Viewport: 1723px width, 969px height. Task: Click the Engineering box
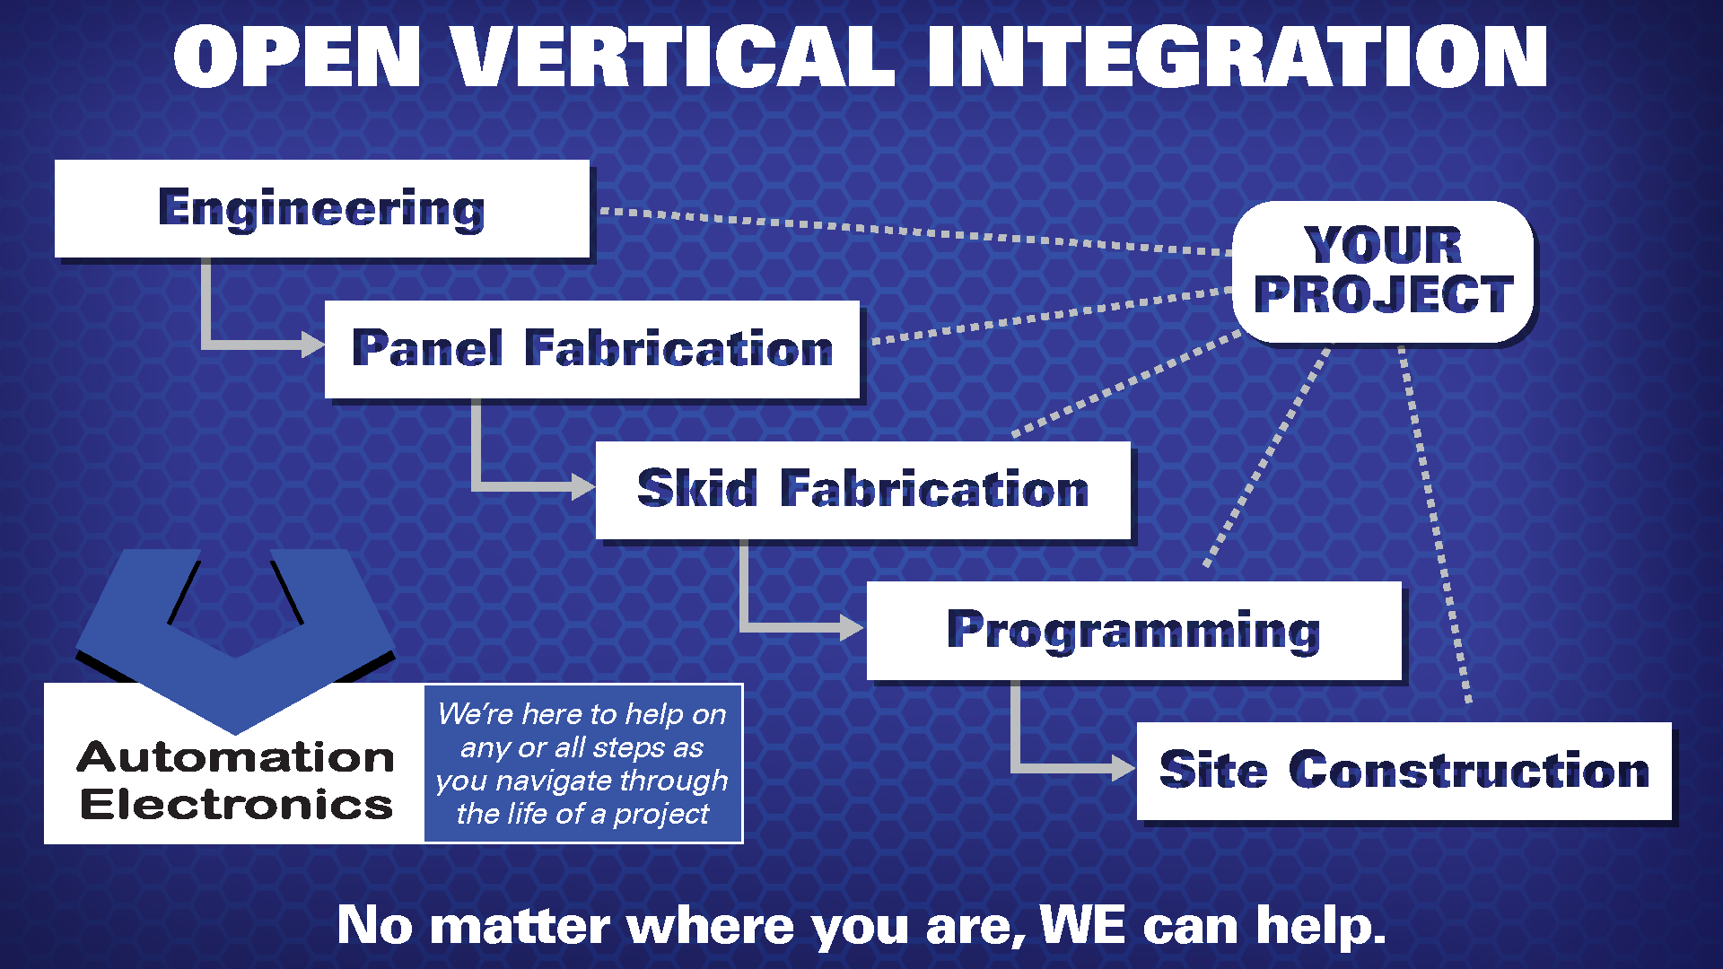pos(322,208)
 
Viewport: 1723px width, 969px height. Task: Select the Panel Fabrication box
pos(592,349)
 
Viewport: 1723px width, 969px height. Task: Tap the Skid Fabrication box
pos(863,490)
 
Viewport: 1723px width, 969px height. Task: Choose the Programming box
pos(1134,631)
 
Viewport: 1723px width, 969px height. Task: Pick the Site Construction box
pos(1404,771)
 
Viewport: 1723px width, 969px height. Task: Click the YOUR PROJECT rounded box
pos(1383,271)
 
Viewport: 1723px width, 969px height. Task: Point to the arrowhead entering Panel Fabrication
pos(313,345)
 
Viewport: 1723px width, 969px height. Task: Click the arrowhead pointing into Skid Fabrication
pos(584,487)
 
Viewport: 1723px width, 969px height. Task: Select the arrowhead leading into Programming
pos(853,627)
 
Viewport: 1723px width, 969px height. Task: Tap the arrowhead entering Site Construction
pos(1124,768)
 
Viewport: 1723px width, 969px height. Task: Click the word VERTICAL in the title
pos(673,57)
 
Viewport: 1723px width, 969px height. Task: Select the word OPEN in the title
pos(297,57)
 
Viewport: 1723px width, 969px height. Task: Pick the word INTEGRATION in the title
pos(1238,57)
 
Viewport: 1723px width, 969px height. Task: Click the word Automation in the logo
pos(236,757)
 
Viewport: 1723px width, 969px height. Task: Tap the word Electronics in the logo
pos(237,805)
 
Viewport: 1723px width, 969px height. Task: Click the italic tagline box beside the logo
pos(583,764)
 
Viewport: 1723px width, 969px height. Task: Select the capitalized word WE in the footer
pos(1082,925)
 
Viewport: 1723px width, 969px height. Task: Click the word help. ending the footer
pos(1321,926)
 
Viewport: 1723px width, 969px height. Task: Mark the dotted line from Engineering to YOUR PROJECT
pos(915,232)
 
